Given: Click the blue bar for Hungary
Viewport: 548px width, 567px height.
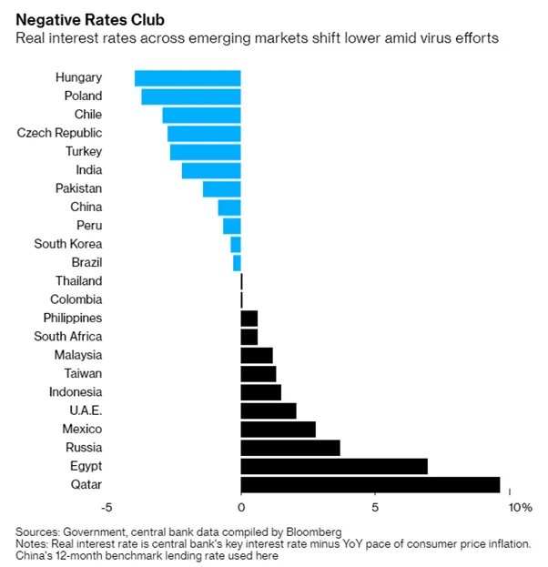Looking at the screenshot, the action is [188, 78].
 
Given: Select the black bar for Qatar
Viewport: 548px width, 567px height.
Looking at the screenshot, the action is [370, 485].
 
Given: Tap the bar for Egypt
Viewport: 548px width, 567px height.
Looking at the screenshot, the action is [334, 467].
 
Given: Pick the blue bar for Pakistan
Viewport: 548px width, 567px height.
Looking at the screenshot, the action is [222, 189].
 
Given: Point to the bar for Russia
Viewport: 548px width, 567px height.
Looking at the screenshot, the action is [290, 448].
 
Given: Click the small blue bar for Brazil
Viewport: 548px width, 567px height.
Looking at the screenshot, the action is [237, 263].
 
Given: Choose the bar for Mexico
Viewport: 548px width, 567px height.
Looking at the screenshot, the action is [279, 430].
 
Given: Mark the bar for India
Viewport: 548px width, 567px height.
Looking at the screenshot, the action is [211, 171].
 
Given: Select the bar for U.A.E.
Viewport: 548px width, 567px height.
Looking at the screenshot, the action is [269, 411].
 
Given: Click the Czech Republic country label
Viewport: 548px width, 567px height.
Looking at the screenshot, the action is [59, 133].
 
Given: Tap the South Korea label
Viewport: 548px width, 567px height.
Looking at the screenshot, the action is [68, 244].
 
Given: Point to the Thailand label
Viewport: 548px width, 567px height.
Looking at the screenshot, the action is [79, 281].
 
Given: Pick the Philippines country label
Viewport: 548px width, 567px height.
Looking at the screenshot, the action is [73, 319].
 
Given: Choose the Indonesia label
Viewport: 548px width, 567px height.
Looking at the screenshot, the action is [76, 392].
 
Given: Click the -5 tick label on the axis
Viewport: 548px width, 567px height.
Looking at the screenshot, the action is [107, 508].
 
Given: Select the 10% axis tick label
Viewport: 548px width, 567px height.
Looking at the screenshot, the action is [521, 508].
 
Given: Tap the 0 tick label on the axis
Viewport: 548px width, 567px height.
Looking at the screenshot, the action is [241, 508].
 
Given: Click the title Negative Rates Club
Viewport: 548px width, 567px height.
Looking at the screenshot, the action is [90, 20].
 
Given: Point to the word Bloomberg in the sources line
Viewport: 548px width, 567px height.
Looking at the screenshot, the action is [314, 532].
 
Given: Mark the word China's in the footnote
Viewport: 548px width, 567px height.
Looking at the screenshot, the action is [34, 555].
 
